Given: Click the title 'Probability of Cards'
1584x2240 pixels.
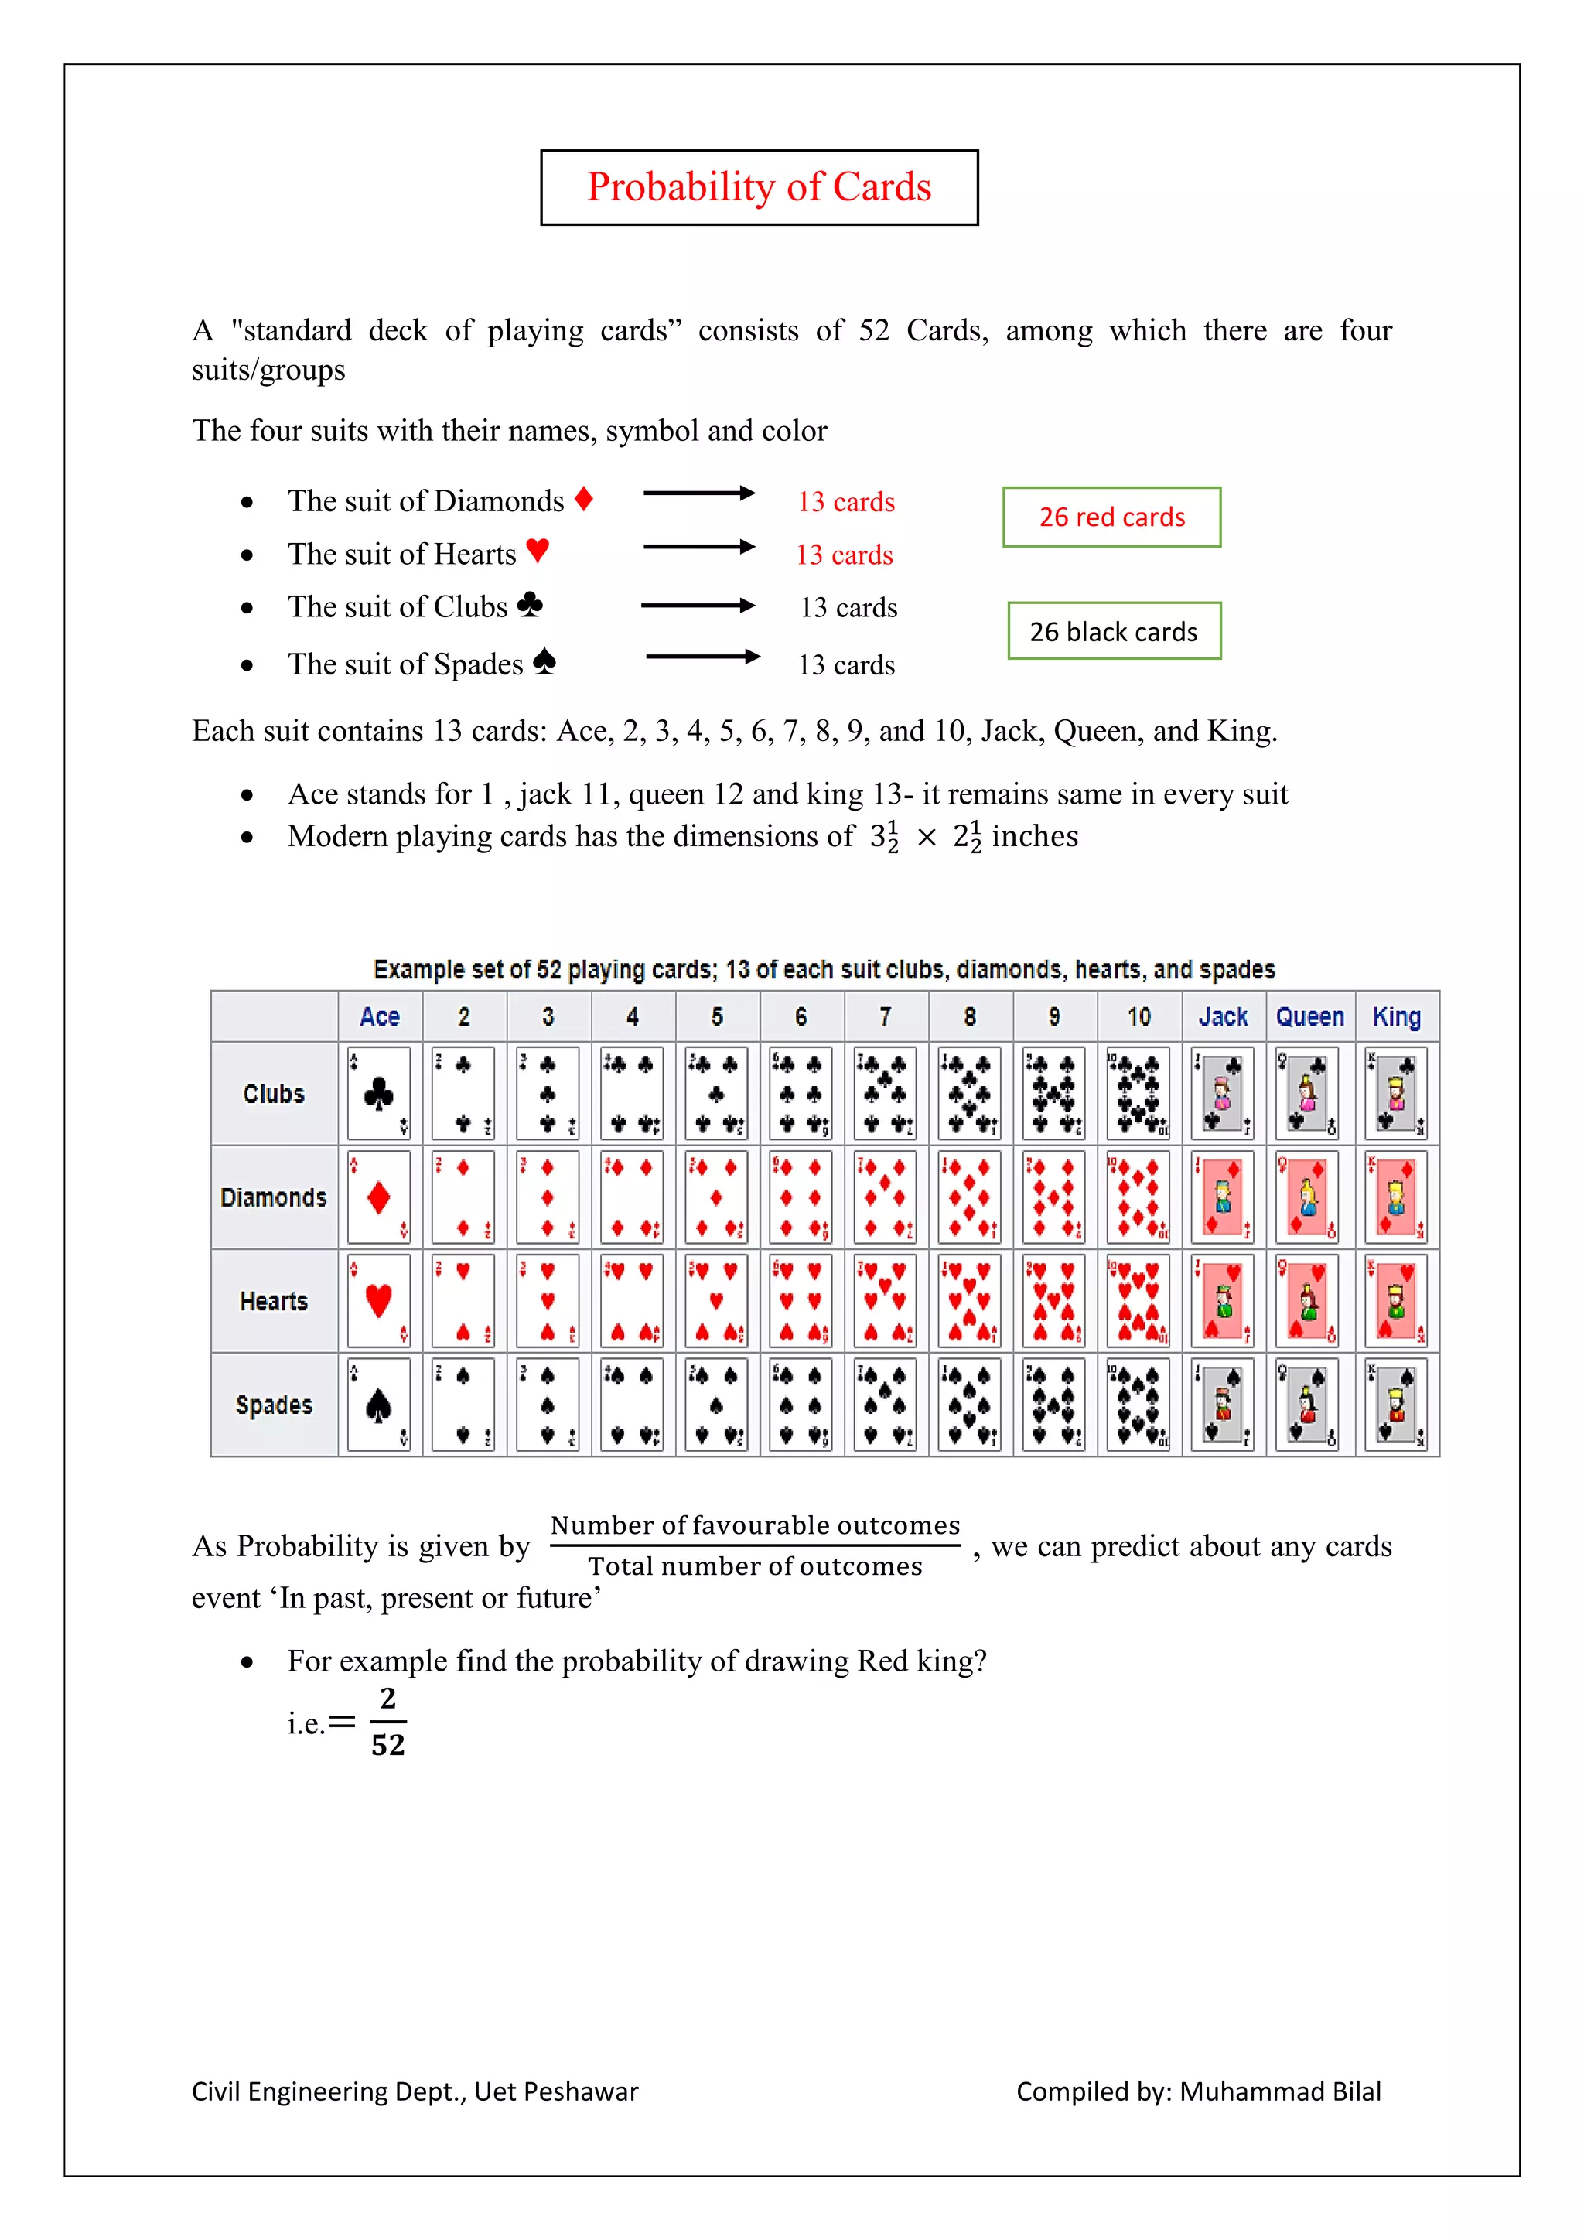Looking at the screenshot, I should pyautogui.click(x=759, y=187).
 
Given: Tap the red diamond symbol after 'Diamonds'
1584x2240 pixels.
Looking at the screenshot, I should pyautogui.click(x=583, y=500).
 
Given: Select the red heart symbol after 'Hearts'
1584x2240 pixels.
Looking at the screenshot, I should pyautogui.click(x=538, y=551).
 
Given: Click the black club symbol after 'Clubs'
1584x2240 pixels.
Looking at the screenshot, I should pyautogui.click(x=530, y=605).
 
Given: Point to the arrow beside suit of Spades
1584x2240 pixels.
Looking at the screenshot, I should pyautogui.click(x=702, y=657).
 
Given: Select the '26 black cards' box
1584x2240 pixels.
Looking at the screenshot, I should pyautogui.click(x=1114, y=631).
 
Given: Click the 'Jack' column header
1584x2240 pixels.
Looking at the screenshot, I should pyautogui.click(x=1223, y=1016).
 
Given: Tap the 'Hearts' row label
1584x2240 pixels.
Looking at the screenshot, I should pyautogui.click(x=274, y=1302).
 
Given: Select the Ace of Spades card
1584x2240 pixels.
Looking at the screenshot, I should pyautogui.click(x=378, y=1405).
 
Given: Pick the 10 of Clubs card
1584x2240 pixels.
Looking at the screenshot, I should pyautogui.click(x=1138, y=1094).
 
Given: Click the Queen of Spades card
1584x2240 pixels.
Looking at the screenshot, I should pyautogui.click(x=1307, y=1405).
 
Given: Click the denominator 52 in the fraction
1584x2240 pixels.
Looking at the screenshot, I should pyautogui.click(x=387, y=1744).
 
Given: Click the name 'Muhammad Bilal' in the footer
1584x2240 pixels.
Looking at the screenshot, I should pyautogui.click(x=1280, y=2091).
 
